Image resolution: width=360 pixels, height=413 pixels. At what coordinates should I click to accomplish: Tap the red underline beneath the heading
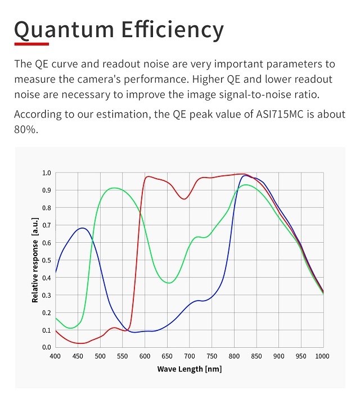pos(31,43)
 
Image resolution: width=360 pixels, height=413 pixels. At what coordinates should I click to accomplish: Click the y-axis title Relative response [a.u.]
pos(35,262)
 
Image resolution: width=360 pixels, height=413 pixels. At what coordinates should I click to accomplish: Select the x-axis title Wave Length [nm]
pos(189,369)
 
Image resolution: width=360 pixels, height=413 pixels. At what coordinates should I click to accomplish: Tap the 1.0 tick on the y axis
pos(46,173)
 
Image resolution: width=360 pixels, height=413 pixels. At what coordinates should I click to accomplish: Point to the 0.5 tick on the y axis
pos(46,260)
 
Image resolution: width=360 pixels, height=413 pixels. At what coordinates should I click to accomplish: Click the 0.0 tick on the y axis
pos(46,347)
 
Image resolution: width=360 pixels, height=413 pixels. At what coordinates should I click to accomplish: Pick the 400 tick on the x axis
pos(55,356)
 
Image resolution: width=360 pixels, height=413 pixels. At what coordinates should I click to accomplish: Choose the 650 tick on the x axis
pos(167,356)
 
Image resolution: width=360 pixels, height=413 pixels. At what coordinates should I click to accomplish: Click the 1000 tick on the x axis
pos(323,356)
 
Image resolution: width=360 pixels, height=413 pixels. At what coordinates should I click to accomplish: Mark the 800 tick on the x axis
pos(234,356)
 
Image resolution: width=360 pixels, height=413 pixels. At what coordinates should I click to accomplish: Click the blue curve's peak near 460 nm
pos(83,228)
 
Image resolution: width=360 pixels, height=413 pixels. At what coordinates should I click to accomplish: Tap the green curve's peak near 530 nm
pos(114,188)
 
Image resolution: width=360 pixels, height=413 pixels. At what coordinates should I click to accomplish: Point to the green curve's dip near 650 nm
pos(169,283)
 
